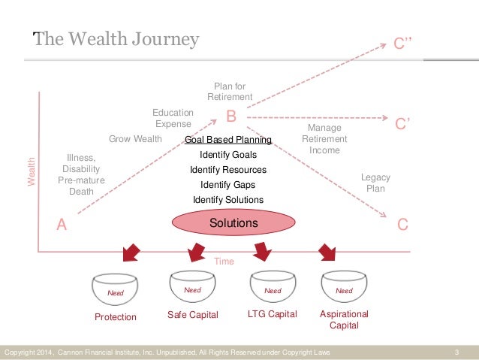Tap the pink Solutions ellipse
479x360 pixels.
pos(233,223)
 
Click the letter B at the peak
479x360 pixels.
pos(232,116)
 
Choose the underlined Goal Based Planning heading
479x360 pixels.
pos(227,140)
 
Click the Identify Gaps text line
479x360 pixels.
pos(227,185)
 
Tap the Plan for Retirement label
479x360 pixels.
pos(230,92)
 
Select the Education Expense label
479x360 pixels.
pos(173,118)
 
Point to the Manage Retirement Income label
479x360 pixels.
pos(325,139)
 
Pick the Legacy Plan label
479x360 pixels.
pos(375,183)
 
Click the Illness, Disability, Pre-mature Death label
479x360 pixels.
pos(81,174)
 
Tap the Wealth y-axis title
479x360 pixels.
pos(32,172)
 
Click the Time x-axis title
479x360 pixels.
pos(224,262)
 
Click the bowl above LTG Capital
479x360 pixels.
pos(273,288)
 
